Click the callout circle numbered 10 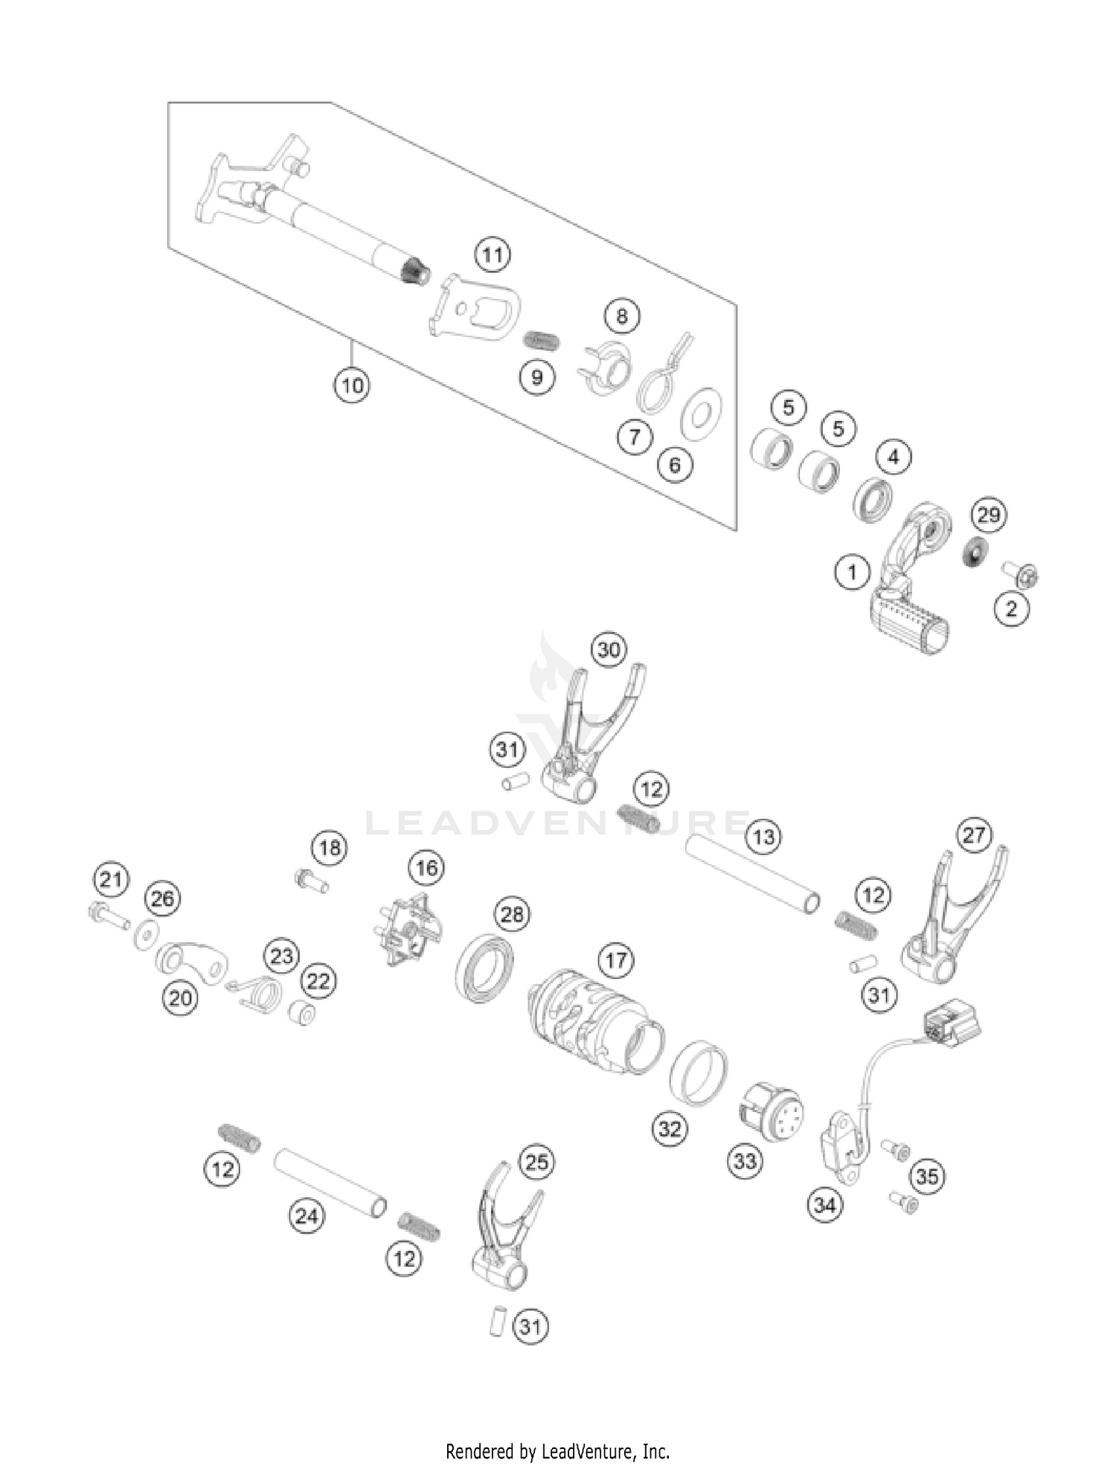coord(352,385)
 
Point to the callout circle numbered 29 coord(988,515)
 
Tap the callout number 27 coord(974,835)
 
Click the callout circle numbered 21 coord(111,881)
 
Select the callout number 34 coord(824,1204)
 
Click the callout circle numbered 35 coord(927,1176)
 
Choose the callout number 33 coord(745,1161)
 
